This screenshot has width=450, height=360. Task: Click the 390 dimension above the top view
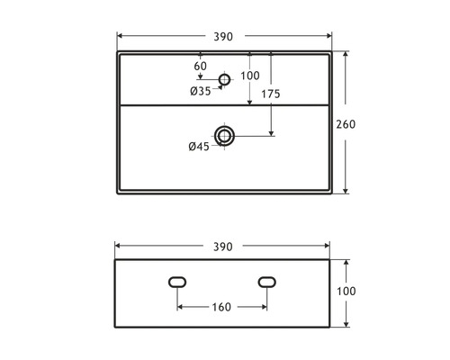click(223, 37)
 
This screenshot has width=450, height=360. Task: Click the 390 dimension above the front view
click(223, 247)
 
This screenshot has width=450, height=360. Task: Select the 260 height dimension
click(359, 123)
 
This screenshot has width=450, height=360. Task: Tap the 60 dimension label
click(200, 67)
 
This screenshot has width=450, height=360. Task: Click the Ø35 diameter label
click(200, 90)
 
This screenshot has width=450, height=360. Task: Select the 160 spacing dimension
click(222, 308)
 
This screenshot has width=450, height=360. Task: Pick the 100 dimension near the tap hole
click(250, 76)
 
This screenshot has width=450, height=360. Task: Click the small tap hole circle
click(224, 79)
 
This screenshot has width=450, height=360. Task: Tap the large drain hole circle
click(224, 136)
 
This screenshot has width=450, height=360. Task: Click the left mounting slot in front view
click(178, 283)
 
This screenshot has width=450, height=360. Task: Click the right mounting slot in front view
click(267, 283)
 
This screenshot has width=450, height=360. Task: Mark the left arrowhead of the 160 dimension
click(181, 308)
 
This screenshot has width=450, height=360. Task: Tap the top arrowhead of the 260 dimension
click(346, 54)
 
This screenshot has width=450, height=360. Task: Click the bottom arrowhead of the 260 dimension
click(346, 193)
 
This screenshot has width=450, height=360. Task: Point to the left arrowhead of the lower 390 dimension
click(120, 247)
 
